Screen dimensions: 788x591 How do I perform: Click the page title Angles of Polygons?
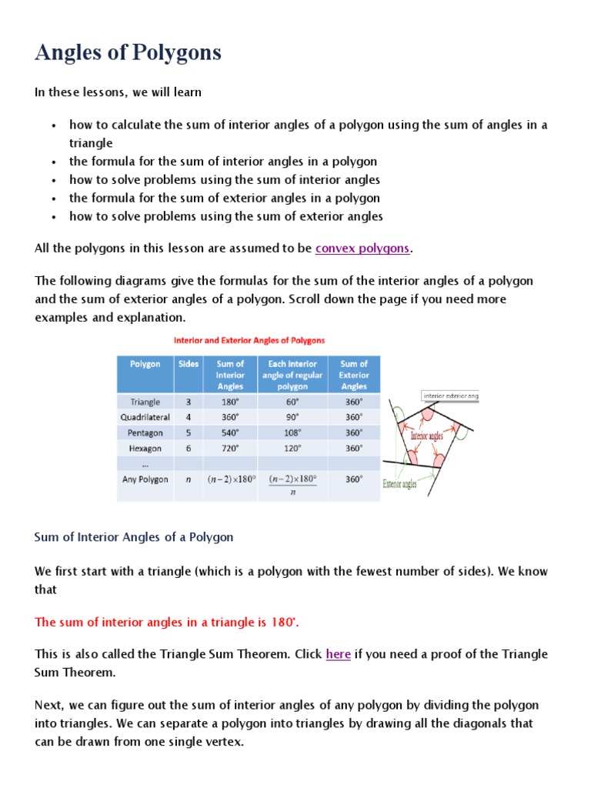point(128,52)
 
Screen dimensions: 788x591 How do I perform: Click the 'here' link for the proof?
point(338,654)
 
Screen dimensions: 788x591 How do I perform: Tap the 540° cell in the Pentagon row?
point(230,432)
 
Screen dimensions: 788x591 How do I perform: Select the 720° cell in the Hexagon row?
point(230,448)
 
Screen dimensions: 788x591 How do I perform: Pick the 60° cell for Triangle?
point(292,402)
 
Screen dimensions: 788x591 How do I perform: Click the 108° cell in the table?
point(292,432)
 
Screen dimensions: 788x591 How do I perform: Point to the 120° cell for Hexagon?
point(292,448)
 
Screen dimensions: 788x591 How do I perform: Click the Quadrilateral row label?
point(145,417)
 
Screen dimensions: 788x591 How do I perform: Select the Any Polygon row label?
point(145,479)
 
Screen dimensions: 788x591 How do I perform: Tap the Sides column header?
point(188,364)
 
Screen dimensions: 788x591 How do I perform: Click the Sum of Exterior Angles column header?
point(353,375)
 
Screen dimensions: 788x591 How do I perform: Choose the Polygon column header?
point(145,364)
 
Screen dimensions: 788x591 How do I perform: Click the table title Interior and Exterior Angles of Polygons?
point(249,340)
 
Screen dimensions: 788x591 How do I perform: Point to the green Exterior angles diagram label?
point(399,484)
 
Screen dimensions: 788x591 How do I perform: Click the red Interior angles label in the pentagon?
point(426,436)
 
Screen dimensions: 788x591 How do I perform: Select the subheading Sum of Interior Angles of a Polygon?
point(134,537)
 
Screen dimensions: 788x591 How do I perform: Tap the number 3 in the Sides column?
point(189,402)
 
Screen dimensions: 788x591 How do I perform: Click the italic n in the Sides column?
point(189,479)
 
